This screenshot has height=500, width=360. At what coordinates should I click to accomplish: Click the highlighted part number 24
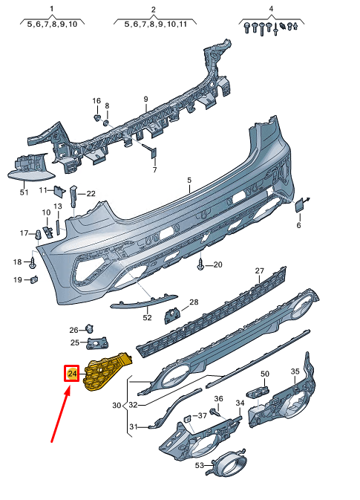[71, 374]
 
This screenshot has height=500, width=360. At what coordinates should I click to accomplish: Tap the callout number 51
[24, 192]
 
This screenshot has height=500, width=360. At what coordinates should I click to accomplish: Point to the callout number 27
[260, 270]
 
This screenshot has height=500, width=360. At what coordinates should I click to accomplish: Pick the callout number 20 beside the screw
[218, 264]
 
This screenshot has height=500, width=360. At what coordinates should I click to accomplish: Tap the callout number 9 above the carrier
[146, 99]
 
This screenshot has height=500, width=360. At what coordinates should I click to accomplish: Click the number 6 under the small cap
[299, 225]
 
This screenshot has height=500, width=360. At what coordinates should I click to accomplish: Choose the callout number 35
[295, 371]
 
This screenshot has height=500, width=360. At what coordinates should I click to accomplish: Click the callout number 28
[194, 302]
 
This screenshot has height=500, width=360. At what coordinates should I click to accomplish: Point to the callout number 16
[96, 100]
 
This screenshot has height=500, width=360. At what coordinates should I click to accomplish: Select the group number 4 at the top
[271, 9]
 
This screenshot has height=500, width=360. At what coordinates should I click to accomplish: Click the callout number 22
[91, 194]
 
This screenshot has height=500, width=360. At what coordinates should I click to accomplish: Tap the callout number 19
[18, 279]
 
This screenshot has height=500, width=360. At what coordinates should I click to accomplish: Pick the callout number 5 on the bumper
[189, 181]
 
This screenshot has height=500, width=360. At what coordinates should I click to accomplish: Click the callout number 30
[116, 406]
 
